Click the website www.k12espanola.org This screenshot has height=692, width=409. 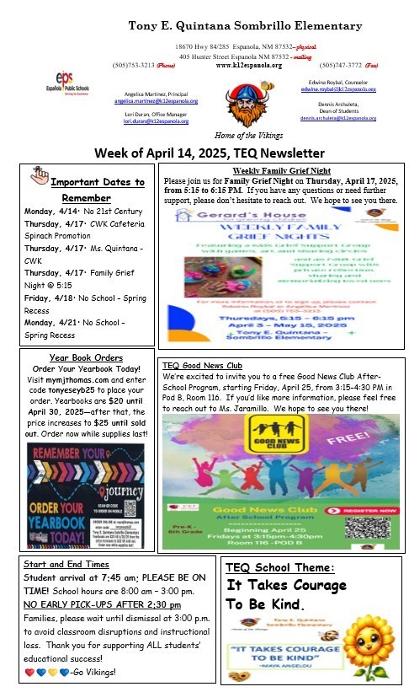click(x=248, y=65)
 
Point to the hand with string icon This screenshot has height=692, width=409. click(x=38, y=174)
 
